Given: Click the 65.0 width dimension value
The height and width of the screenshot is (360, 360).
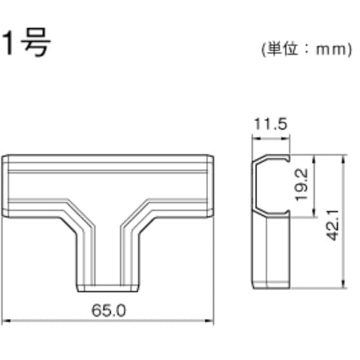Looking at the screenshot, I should click(x=110, y=311).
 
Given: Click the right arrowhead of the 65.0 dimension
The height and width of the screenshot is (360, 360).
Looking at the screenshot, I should click(x=212, y=320).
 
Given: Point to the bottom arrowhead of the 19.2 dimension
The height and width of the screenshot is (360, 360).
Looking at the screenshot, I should click(x=314, y=214).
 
